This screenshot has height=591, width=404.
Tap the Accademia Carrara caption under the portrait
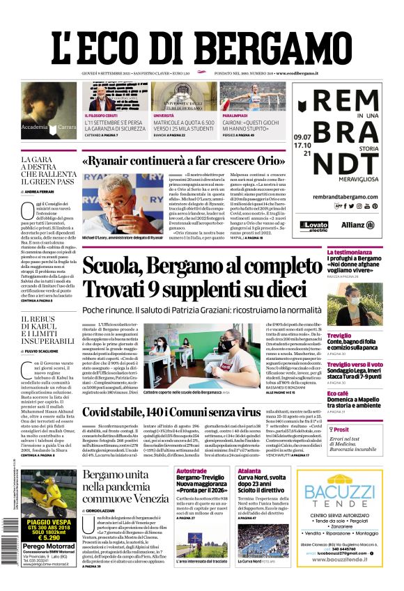tap(49, 127)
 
